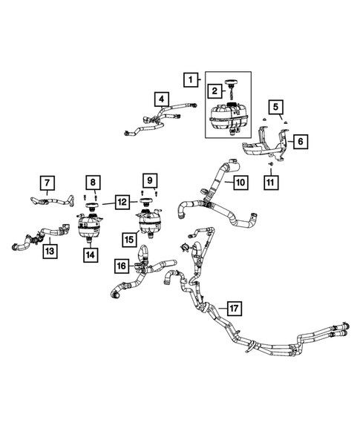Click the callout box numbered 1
(191, 79)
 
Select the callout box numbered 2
(215, 91)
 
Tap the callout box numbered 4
(162, 99)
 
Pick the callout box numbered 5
(276, 107)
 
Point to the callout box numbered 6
(301, 141)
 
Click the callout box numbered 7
(47, 183)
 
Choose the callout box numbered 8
(93, 183)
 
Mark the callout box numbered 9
(150, 180)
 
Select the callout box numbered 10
(240, 183)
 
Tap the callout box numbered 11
(271, 183)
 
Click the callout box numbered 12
(122, 202)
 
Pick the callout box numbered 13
(50, 251)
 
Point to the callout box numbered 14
(91, 254)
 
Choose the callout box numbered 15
(129, 240)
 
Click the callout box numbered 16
(122, 266)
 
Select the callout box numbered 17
(234, 308)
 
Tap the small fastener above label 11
(270, 164)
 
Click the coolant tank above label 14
(88, 226)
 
